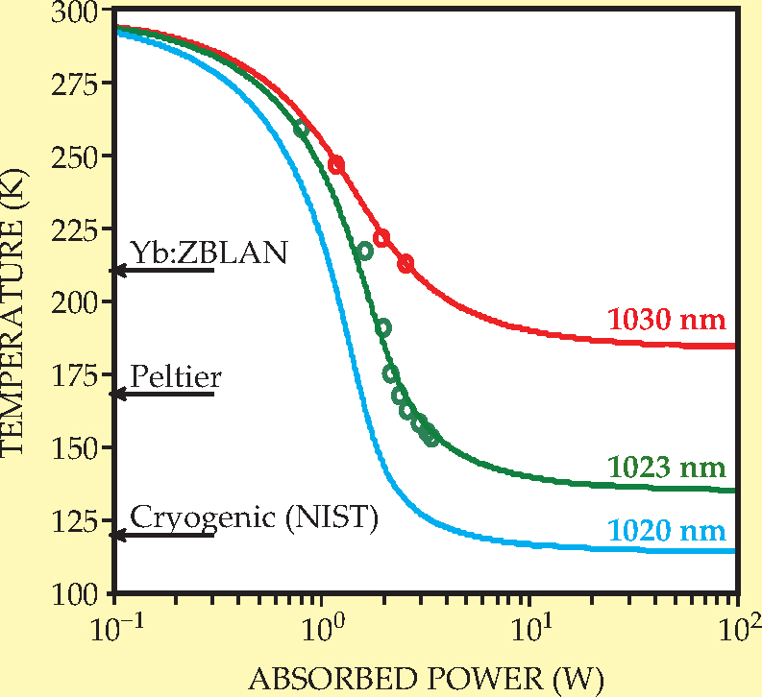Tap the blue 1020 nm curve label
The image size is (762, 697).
tap(666, 530)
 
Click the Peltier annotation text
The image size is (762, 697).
tap(176, 376)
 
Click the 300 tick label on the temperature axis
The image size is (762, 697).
tap(81, 12)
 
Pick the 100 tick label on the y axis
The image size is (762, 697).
tap(81, 594)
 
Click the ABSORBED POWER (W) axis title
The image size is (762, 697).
tap(427, 679)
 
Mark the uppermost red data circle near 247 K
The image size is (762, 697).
tap(336, 164)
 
